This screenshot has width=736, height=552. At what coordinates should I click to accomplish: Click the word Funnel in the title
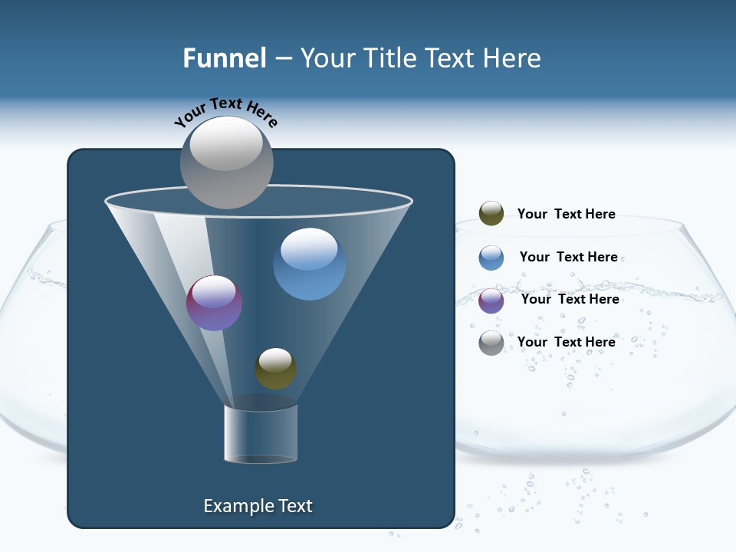click(224, 58)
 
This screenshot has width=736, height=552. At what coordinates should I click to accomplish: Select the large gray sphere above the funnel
click(226, 163)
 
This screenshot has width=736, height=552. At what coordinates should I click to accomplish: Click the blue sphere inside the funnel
click(309, 264)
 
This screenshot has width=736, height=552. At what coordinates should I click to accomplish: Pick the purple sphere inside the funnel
click(215, 303)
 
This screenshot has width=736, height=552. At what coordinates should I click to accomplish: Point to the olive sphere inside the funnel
click(275, 369)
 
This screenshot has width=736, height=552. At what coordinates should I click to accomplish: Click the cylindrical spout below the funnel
click(261, 433)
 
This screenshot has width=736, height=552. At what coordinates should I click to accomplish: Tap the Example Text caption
click(258, 506)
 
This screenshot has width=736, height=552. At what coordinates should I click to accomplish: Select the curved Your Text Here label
click(226, 111)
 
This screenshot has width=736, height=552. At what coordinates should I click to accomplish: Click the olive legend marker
click(491, 214)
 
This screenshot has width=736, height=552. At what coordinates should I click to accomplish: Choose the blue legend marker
click(491, 258)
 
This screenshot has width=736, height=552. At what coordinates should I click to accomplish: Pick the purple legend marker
click(491, 301)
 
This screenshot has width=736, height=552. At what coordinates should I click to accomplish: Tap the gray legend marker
click(491, 343)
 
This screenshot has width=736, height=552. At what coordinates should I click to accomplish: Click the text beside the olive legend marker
click(566, 214)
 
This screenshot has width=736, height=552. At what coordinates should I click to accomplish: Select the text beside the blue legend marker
click(568, 257)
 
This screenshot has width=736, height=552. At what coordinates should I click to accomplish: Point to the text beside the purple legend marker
click(570, 299)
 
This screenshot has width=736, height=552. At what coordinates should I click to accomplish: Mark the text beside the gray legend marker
click(566, 342)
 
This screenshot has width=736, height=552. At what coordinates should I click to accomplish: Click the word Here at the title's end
click(513, 58)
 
